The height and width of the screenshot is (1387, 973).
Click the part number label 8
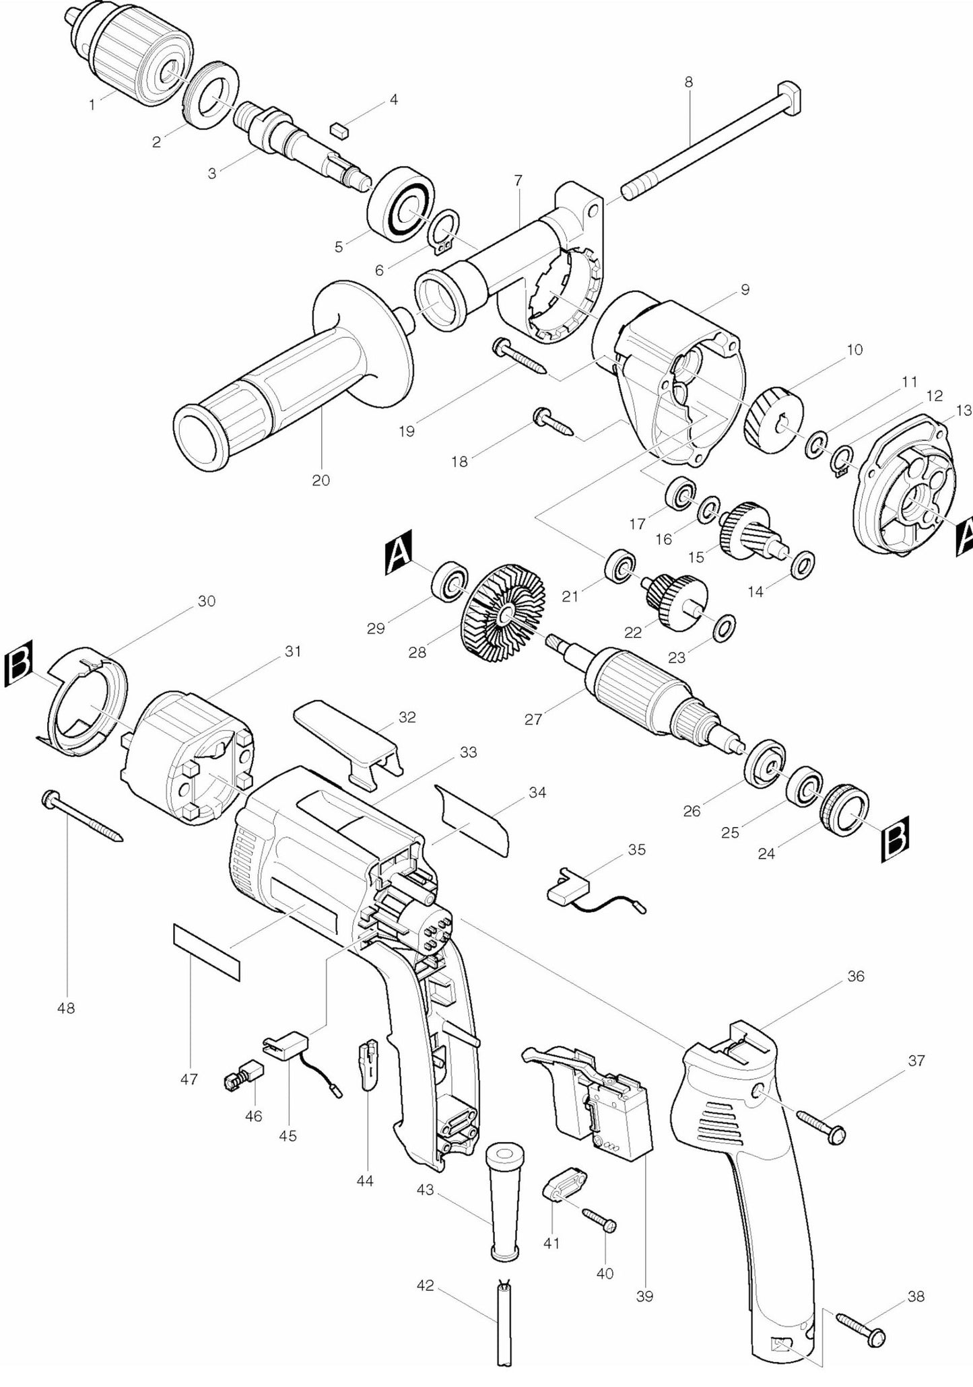coord(688,82)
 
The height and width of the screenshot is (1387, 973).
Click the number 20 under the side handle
coord(321,481)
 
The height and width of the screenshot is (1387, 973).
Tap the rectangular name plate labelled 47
coord(207,952)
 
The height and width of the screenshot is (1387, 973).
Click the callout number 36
coord(856,976)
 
